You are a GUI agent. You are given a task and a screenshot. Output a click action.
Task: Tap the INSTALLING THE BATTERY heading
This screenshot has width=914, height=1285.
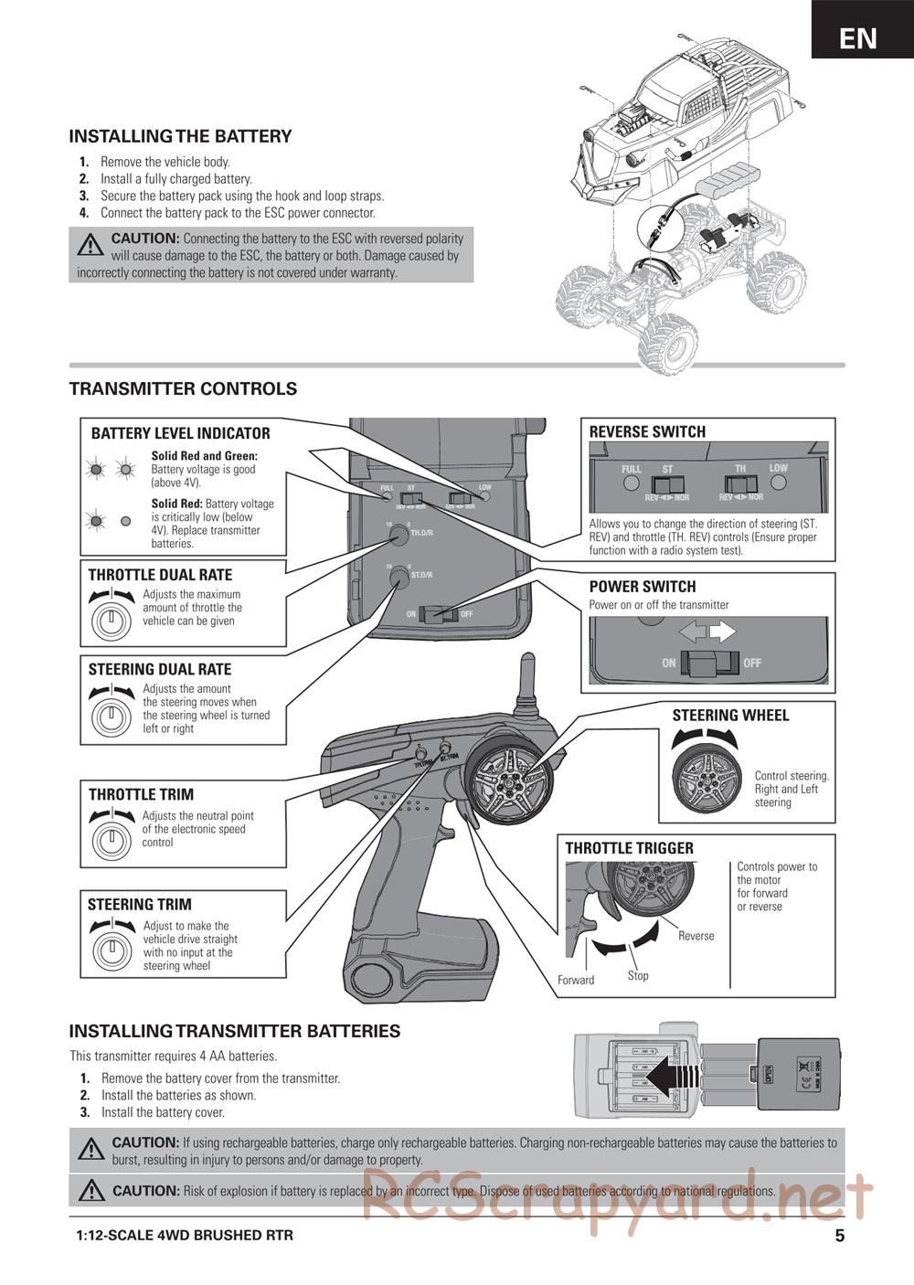[180, 136]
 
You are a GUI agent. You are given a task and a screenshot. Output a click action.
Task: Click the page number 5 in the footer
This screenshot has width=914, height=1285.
[839, 1236]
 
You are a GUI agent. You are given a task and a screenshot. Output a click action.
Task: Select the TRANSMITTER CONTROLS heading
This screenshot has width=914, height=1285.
[183, 388]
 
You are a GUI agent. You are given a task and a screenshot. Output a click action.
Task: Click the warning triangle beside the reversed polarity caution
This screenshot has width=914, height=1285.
[90, 245]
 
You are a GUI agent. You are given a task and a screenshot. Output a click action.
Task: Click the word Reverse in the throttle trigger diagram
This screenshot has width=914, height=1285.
[696, 936]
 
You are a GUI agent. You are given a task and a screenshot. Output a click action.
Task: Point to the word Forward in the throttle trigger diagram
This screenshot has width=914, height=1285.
[576, 980]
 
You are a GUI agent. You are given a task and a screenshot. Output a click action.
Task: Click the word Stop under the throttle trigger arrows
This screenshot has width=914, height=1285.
[638, 975]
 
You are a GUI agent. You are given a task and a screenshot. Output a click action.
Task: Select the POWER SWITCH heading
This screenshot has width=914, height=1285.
[642, 587]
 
